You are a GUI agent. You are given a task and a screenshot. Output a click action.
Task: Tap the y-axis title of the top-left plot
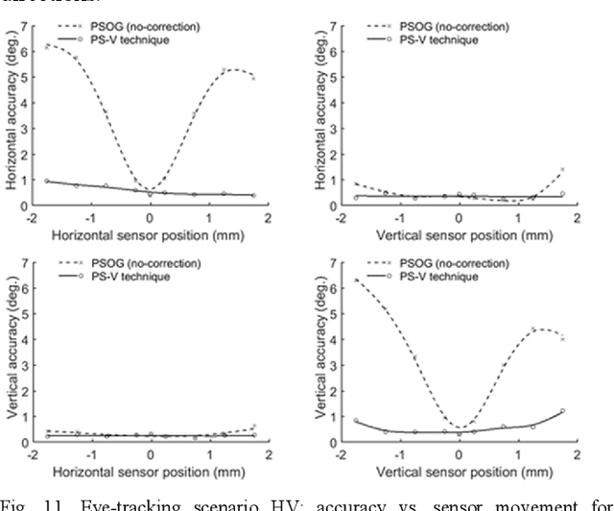pos(12,125)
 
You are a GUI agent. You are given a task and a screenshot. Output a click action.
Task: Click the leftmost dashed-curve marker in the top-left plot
pos(47,45)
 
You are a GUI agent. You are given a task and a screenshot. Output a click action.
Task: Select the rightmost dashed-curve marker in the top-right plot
pos(562,169)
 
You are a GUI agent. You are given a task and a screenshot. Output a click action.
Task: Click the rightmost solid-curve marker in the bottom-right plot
pos(562,410)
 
